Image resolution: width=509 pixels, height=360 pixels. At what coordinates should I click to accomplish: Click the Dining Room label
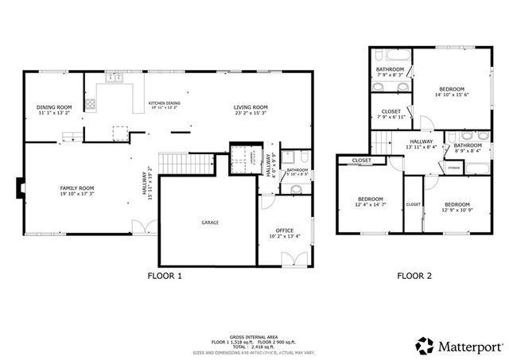pos(54,107)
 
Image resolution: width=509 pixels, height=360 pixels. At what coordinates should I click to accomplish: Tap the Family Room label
pos(77,188)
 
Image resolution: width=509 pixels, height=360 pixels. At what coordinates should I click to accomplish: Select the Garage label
pos(209,223)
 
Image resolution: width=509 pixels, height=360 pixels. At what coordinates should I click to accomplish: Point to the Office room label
pos(284,230)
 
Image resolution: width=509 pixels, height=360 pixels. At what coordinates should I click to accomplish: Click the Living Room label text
pos(250,107)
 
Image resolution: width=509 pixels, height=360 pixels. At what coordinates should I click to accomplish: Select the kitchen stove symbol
pos(91,103)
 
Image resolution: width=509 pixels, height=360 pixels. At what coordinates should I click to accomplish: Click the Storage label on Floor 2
pos(453,168)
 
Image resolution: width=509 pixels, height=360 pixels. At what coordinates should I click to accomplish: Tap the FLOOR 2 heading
pos(414,277)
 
